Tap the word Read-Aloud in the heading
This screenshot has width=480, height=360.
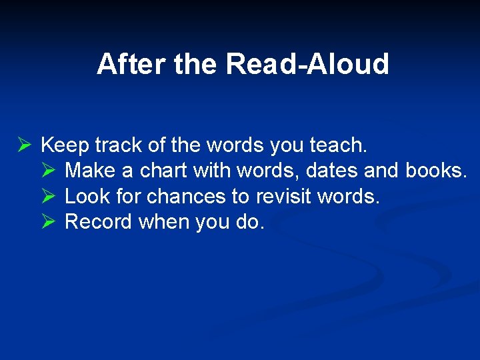point(307,65)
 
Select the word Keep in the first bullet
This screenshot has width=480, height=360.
point(65,145)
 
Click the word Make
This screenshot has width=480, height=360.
point(91,171)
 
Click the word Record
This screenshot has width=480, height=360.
point(99,222)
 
